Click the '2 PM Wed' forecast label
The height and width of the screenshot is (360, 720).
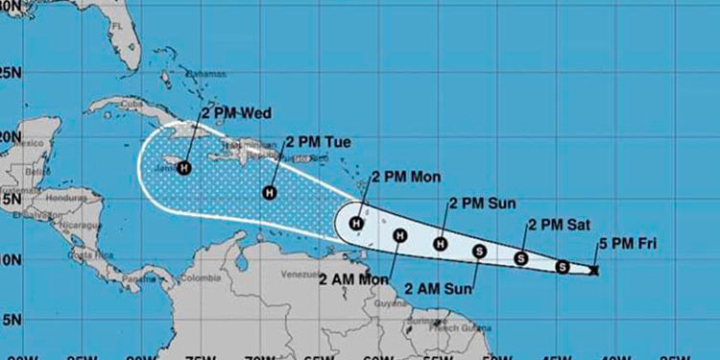(235, 111)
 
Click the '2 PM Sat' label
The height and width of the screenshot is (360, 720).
(553, 226)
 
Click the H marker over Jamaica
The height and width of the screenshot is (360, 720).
(182, 167)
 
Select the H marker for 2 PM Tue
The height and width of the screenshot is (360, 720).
(270, 192)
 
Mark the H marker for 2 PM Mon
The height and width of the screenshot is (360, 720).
(356, 225)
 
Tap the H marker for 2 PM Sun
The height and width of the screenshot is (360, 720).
(441, 244)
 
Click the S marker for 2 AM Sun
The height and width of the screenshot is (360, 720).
(479, 252)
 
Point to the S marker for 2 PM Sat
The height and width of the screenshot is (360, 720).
(520, 258)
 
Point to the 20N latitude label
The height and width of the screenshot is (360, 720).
(10, 136)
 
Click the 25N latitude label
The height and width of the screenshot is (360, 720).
(10, 72)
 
